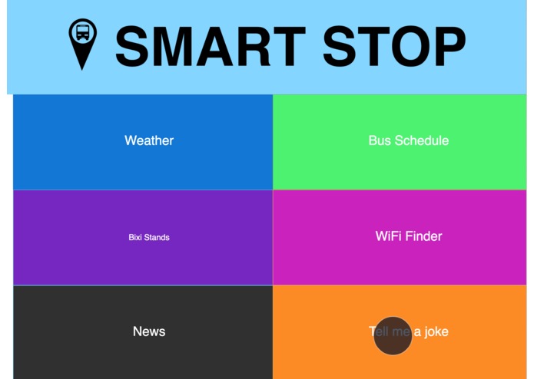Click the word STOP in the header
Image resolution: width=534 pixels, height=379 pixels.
pos(394,47)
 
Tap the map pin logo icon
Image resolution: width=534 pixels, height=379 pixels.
pos(83,43)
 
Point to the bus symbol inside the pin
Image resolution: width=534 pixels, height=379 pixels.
pos(83,34)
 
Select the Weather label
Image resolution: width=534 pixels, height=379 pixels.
pos(149,140)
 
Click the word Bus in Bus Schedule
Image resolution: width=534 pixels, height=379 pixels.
pos(380,140)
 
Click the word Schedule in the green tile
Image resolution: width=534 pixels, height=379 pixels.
pos(421,140)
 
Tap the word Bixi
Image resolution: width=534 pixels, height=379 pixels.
pos(136,237)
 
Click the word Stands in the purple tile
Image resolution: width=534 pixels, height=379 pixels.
pos(158,237)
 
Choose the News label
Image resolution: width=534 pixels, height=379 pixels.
pos(149,331)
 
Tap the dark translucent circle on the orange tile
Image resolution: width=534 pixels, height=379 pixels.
pos(393,336)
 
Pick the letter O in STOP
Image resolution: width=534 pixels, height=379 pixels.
pos(408,47)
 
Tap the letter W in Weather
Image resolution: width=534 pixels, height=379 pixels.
pos(131,140)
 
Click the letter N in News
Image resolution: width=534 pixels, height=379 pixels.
pos(138,331)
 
